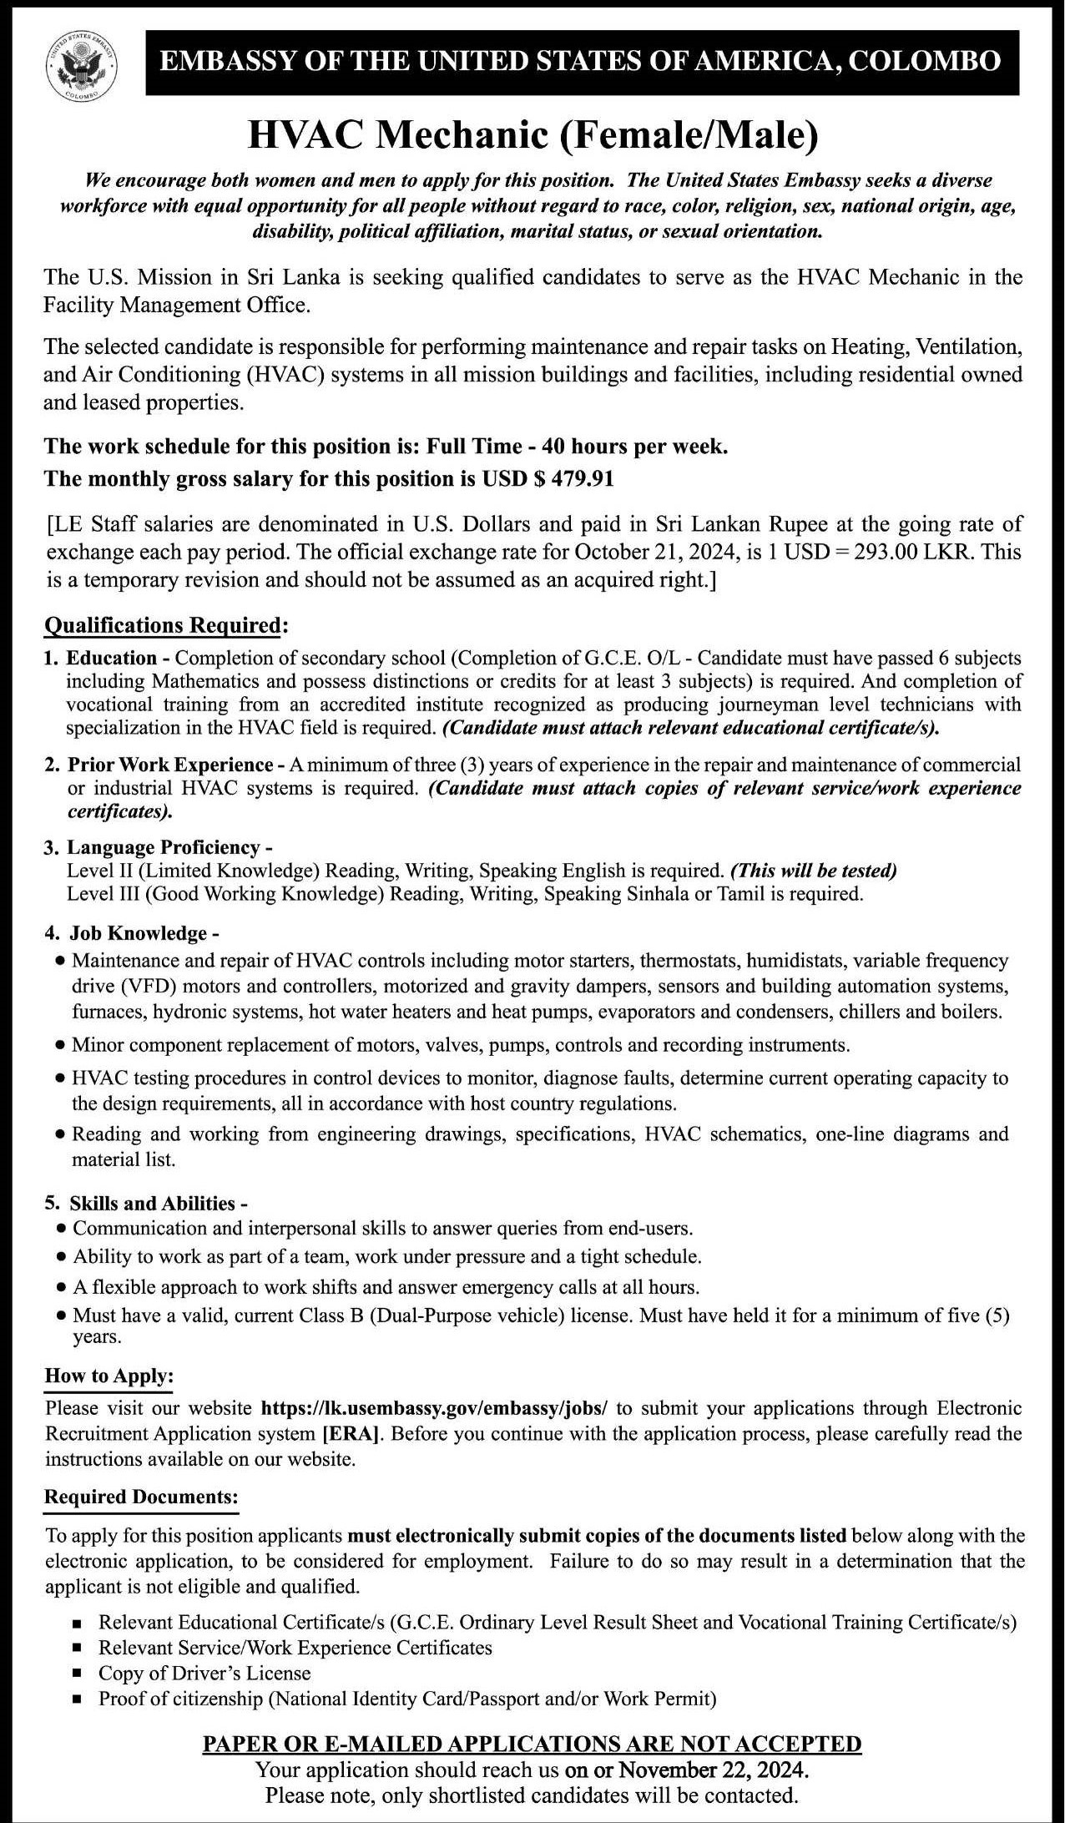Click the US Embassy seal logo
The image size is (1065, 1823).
pos(80,65)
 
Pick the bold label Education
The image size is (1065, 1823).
pos(112,658)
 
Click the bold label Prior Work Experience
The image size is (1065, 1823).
pos(170,765)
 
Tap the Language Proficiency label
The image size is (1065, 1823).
pos(164,848)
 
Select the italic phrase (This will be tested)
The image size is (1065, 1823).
pos(813,871)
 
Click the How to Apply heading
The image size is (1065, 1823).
pos(109,1376)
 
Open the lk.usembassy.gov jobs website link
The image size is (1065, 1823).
pos(435,1408)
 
